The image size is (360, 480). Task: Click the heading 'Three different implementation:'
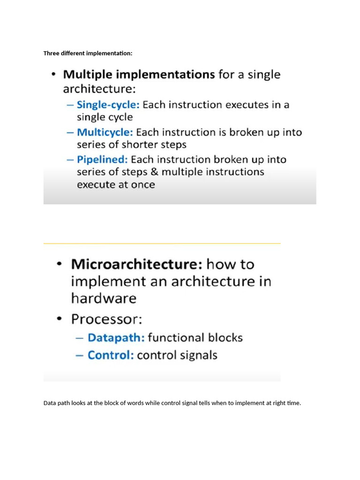click(88, 53)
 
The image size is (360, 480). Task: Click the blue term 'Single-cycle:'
click(108, 105)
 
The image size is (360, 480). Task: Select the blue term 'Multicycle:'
click(105, 132)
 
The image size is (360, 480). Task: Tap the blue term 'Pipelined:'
click(102, 159)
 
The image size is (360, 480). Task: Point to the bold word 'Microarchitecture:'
click(137, 264)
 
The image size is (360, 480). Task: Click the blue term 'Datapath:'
click(116, 337)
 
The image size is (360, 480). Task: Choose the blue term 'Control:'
click(111, 355)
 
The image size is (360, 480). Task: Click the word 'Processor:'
click(107, 319)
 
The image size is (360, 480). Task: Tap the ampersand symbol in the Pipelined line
click(155, 172)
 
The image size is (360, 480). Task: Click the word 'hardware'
click(104, 298)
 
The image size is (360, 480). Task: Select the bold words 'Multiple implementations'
click(139, 75)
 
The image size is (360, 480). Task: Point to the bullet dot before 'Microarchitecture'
click(60, 264)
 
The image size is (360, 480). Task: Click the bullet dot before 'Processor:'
click(60, 319)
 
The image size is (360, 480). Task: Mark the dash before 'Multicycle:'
click(70, 133)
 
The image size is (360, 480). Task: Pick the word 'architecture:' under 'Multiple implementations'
click(99, 89)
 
